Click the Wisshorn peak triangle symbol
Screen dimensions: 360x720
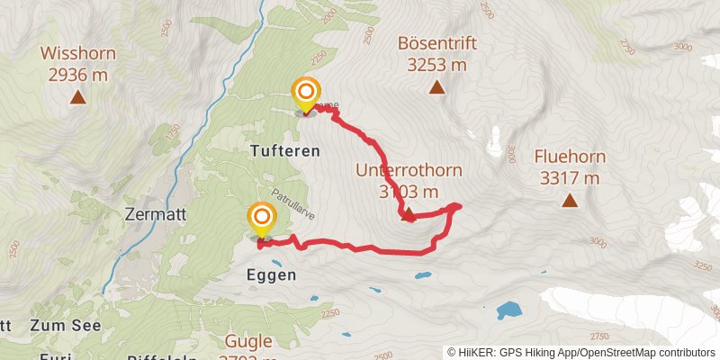[x=77, y=97]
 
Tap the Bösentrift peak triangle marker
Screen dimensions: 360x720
[x=436, y=87]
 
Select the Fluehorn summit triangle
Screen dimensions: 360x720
[x=569, y=200]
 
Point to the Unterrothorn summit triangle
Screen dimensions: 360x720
[x=408, y=214]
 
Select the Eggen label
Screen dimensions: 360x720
[x=269, y=274]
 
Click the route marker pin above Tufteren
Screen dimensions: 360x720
[x=307, y=93]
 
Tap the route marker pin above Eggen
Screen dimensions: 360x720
[x=262, y=218]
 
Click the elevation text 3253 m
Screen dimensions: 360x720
[x=436, y=65]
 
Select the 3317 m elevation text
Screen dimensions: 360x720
[x=569, y=178]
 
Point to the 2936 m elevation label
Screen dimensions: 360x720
[x=77, y=75]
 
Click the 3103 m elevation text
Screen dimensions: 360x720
[x=409, y=191]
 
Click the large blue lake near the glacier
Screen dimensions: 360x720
[x=509, y=310]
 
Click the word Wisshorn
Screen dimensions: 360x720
[x=77, y=53]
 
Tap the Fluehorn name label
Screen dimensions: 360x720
[x=570, y=157]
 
